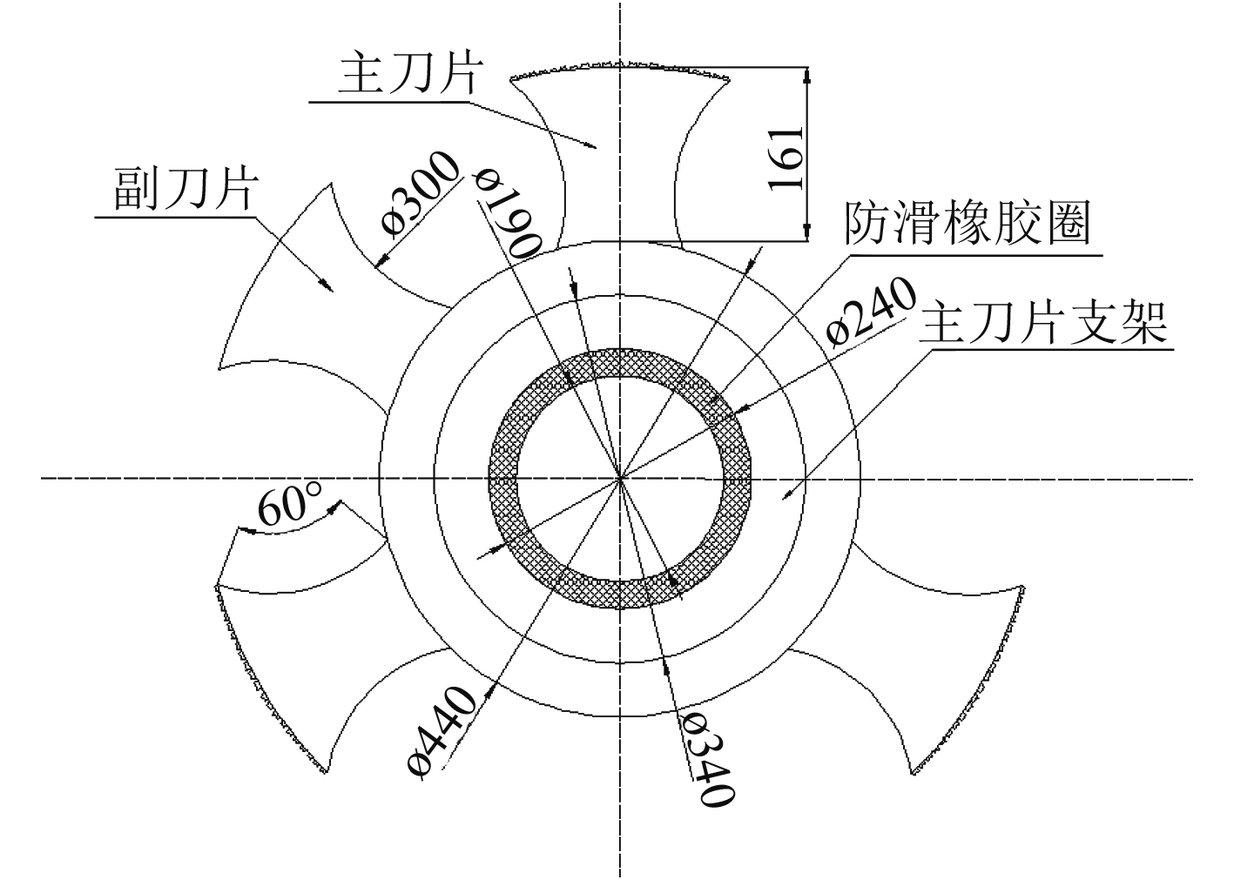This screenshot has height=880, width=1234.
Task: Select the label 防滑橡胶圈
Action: pyautogui.click(x=967, y=225)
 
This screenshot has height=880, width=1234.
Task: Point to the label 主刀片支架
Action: pyautogui.click(x=1043, y=324)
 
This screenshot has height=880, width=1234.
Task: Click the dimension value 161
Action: pyautogui.click(x=785, y=158)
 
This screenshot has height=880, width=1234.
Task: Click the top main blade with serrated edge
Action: pyautogui.click(x=620, y=148)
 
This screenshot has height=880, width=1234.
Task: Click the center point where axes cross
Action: pyautogui.click(x=620, y=478)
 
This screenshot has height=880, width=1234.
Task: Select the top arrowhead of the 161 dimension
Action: pyautogui.click(x=807, y=75)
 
